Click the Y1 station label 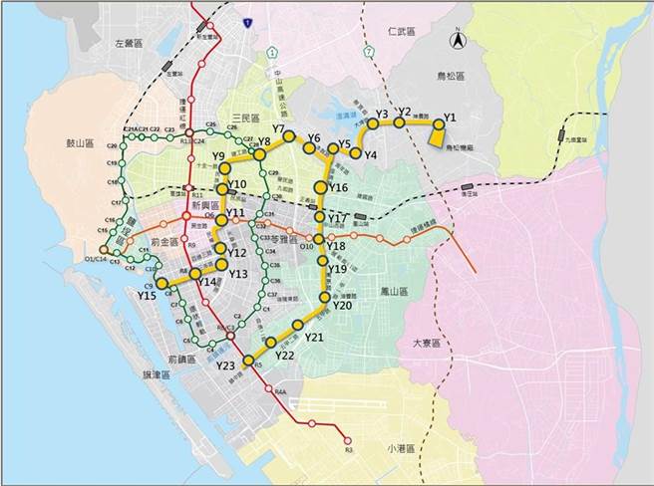tap(449, 118)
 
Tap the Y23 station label tap(225, 366)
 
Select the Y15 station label tap(147, 296)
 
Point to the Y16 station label tap(338, 188)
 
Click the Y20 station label tap(343, 306)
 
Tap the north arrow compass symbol tap(457, 41)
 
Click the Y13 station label tap(237, 274)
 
